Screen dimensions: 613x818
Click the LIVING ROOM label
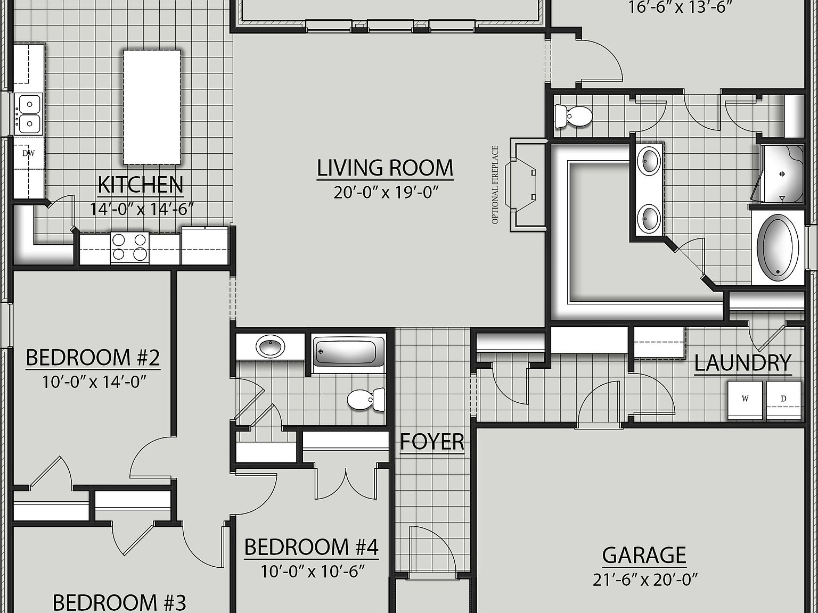pos(385,168)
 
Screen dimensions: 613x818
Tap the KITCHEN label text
pos(141,185)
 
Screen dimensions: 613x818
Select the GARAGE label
pos(644,555)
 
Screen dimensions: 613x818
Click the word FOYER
pos(432,442)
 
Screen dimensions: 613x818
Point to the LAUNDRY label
pos(743,363)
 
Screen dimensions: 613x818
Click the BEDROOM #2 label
pos(93,358)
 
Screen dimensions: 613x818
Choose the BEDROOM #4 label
pos(311,547)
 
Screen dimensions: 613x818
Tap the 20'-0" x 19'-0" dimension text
pos(386,192)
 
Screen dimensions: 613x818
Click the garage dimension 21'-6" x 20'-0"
pos(645,579)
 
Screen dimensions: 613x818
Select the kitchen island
pos(152,107)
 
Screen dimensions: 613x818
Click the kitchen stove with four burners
pos(130,247)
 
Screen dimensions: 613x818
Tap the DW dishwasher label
pos(28,154)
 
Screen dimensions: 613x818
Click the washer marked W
pos(746,400)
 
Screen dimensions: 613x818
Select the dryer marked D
pos(783,400)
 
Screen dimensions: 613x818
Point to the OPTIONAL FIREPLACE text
pos(495,185)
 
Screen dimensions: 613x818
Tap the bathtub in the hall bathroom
pos(349,352)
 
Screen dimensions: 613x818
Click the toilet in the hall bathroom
pos(366,399)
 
